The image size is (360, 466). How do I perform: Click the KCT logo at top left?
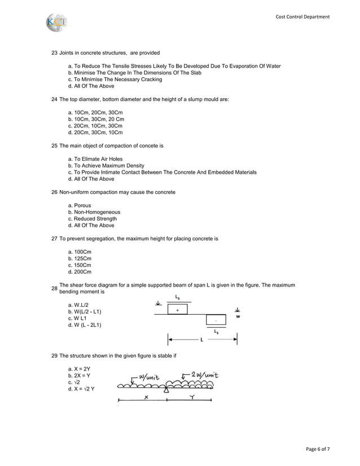click(56, 23)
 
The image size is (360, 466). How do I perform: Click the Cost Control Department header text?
click(302, 17)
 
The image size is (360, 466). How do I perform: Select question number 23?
click(54, 52)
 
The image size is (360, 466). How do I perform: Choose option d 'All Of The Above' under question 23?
click(91, 86)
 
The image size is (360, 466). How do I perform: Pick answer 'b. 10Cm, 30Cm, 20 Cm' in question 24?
click(95, 120)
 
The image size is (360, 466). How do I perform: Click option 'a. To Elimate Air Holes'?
click(95, 159)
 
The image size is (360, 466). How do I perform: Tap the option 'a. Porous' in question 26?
click(79, 205)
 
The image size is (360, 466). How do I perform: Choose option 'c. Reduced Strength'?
click(92, 219)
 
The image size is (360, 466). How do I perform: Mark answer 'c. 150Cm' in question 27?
click(80, 265)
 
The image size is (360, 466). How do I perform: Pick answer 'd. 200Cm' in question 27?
click(80, 272)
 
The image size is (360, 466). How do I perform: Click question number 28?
click(54, 289)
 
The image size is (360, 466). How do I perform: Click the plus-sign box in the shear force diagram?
click(178, 310)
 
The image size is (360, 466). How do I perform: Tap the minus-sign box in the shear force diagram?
click(216, 320)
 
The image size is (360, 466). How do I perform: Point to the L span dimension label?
click(201, 340)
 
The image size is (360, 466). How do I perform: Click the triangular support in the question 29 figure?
click(166, 390)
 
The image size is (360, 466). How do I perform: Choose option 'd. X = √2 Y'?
click(81, 389)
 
